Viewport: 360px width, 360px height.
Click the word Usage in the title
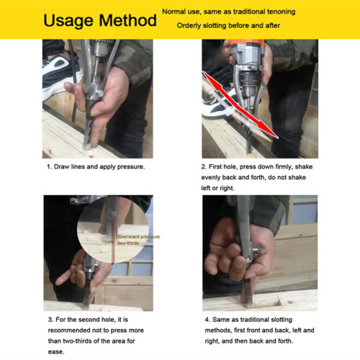[x=68, y=21]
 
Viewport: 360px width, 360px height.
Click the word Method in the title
[x=127, y=20]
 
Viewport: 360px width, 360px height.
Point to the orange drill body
[x=247, y=44]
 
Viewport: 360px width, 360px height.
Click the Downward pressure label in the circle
[x=138, y=237]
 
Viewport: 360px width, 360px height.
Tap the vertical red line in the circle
[x=114, y=243]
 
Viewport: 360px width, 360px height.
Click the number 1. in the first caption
[x=50, y=167]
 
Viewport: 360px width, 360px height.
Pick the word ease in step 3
[x=56, y=352]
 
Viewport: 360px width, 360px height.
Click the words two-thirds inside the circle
[x=128, y=243]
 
